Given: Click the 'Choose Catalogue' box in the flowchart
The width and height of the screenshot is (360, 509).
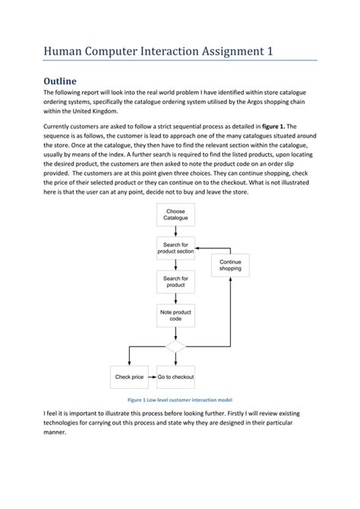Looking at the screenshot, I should pos(175,215).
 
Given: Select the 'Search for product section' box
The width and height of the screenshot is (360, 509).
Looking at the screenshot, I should pos(175,248).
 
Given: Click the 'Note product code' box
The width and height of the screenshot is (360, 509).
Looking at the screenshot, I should pos(175,315).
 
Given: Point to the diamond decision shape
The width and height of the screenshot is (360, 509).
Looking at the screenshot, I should pos(175,347).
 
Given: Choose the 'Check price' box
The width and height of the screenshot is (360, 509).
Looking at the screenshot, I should pos(129,377).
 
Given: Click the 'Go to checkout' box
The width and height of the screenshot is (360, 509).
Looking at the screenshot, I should pos(175,377).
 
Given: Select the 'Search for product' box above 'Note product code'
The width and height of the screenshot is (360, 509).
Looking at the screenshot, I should pos(175,282).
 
